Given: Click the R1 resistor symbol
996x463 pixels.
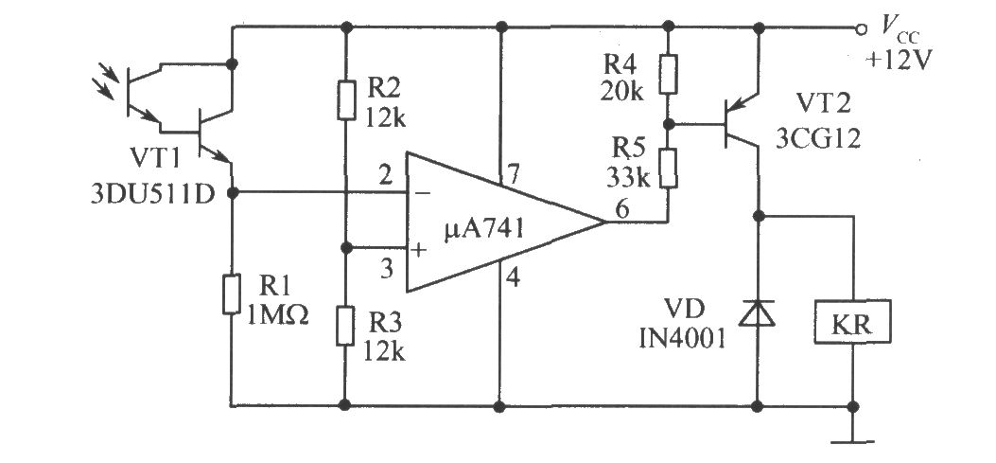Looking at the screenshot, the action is pos(232,294).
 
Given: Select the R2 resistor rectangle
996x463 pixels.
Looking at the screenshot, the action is pos(346,99).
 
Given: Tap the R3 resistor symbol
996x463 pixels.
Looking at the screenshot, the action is pos(346,325).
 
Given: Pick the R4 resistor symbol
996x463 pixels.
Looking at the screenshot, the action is pos(668,75).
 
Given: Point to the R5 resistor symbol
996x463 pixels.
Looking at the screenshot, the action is pos(668,169).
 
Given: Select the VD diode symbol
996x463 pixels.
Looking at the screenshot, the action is pos(758,312).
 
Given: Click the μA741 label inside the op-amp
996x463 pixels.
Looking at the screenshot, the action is pos(484,227).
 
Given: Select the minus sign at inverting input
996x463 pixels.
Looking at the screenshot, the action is pos(423,192).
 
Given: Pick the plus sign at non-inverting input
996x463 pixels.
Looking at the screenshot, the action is pos(419,250).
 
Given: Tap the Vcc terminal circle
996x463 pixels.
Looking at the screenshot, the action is pos(861,28).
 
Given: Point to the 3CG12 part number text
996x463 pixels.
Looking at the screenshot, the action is pos(819,137).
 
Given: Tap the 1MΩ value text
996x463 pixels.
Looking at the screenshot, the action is pos(278,313).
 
